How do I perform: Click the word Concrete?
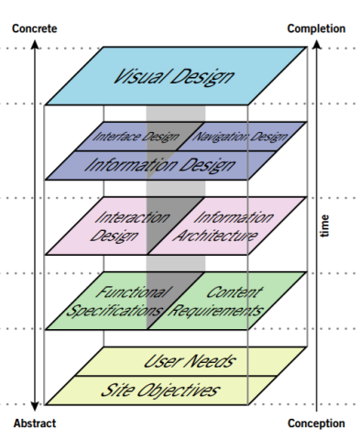point(34,28)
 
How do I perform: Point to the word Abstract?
point(34,423)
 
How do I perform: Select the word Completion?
point(316,28)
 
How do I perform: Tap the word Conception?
point(316,423)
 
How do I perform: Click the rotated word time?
point(325,225)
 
